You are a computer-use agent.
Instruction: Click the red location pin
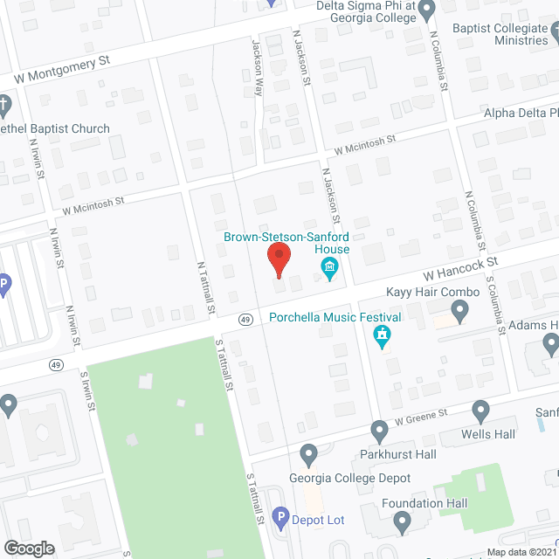278,260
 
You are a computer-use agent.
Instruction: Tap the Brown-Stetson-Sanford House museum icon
329,272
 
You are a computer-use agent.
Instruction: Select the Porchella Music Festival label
335,317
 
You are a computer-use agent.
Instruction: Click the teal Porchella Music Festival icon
382,335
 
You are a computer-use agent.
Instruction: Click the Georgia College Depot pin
307,453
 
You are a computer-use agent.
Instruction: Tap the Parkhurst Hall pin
379,430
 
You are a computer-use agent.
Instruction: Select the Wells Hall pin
480,411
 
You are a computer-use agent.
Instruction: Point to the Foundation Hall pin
402,522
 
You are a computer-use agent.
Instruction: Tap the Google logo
28,548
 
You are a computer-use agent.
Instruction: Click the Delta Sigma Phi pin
426,11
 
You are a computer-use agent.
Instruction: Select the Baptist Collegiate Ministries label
500,33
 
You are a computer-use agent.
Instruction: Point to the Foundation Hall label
424,503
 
